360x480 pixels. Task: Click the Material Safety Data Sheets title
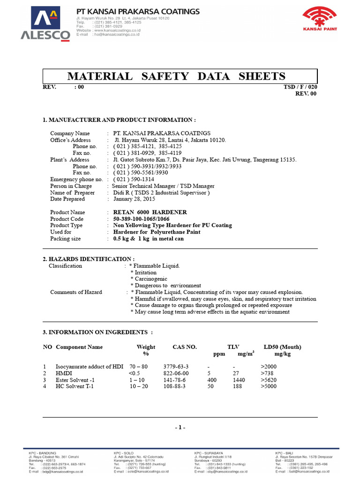[177, 76]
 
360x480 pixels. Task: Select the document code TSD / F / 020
[300, 87]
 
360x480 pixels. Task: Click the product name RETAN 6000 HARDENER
[150, 212]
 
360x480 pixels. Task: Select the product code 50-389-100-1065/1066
[142, 219]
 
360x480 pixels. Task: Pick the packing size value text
[149, 239]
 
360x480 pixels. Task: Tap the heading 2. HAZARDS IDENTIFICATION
[89, 259]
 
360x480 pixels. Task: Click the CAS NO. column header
[185, 347]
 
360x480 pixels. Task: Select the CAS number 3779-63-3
[176, 367]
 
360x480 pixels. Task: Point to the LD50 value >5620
[270, 380]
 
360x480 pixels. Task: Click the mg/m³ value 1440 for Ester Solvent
[239, 380]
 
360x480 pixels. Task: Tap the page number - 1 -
[180, 427]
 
